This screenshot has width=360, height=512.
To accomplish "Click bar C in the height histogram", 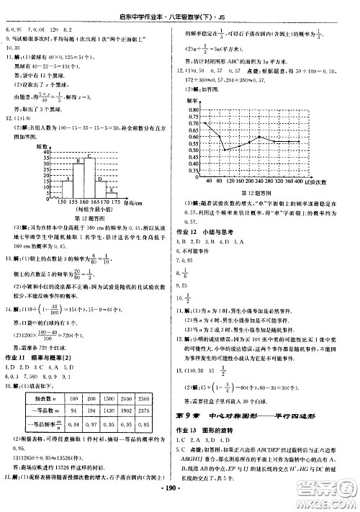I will [89, 172].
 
